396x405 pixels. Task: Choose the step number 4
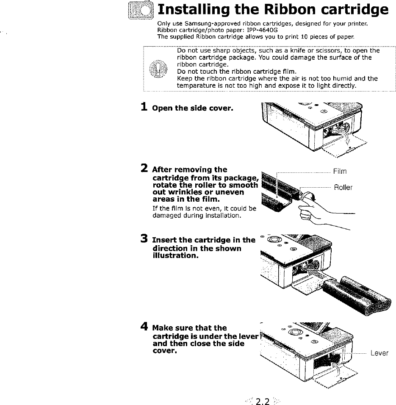144,327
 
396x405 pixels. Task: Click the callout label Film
340,171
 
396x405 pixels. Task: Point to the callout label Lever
379,353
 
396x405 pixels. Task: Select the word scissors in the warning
331,51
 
